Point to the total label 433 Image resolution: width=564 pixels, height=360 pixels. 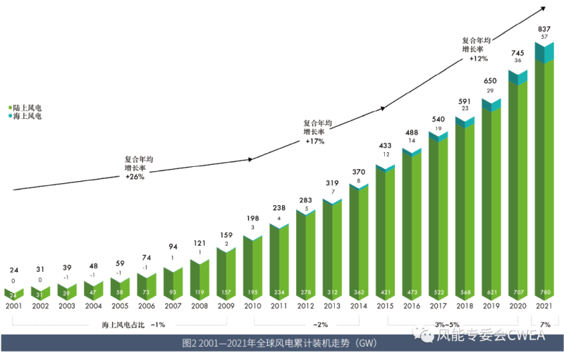pyautogui.click(x=385, y=145)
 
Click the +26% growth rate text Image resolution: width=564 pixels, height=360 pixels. pyautogui.click(x=135, y=178)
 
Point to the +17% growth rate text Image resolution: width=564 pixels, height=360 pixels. pyautogui.click(x=314, y=141)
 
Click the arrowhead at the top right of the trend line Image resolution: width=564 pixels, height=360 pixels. pyautogui.click(x=544, y=9)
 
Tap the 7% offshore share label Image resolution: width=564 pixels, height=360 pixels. pyautogui.click(x=545, y=325)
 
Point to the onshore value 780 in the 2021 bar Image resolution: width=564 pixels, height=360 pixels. pyautogui.click(x=544, y=292)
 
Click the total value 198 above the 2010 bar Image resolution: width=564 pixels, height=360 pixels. pyautogui.click(x=252, y=218)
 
